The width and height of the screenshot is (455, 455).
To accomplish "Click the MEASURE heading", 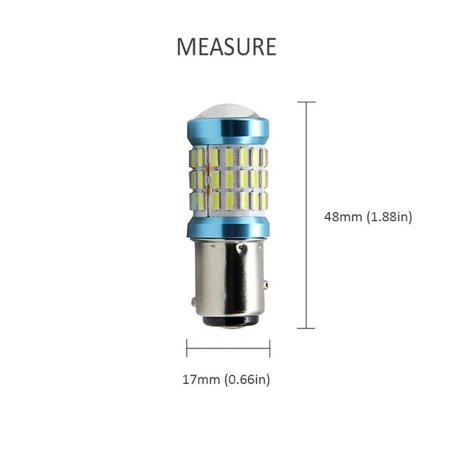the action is [226, 46].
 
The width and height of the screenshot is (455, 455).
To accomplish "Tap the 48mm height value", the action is [343, 216].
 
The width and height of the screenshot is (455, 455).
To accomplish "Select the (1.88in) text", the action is [389, 217].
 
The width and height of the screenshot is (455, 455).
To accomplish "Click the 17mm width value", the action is [201, 379].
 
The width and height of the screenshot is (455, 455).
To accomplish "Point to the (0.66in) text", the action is [247, 380].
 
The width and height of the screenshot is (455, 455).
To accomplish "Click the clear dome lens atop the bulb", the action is [228, 111].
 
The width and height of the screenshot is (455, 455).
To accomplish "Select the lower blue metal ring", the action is [228, 227].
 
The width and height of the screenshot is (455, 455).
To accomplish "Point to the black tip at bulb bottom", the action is [230, 321].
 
